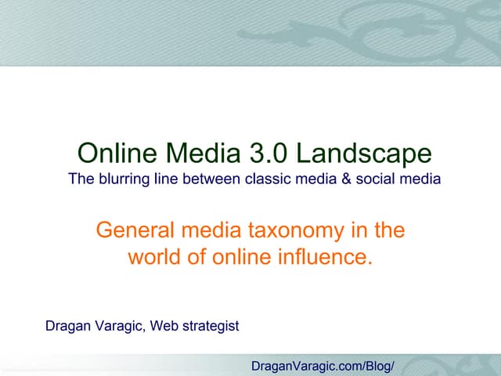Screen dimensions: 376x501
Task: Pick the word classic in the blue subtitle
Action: (x=267, y=179)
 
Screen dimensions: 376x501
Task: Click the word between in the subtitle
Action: (x=207, y=179)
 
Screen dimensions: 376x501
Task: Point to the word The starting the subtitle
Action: (x=81, y=179)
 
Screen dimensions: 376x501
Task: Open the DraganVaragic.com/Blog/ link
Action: (x=322, y=366)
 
